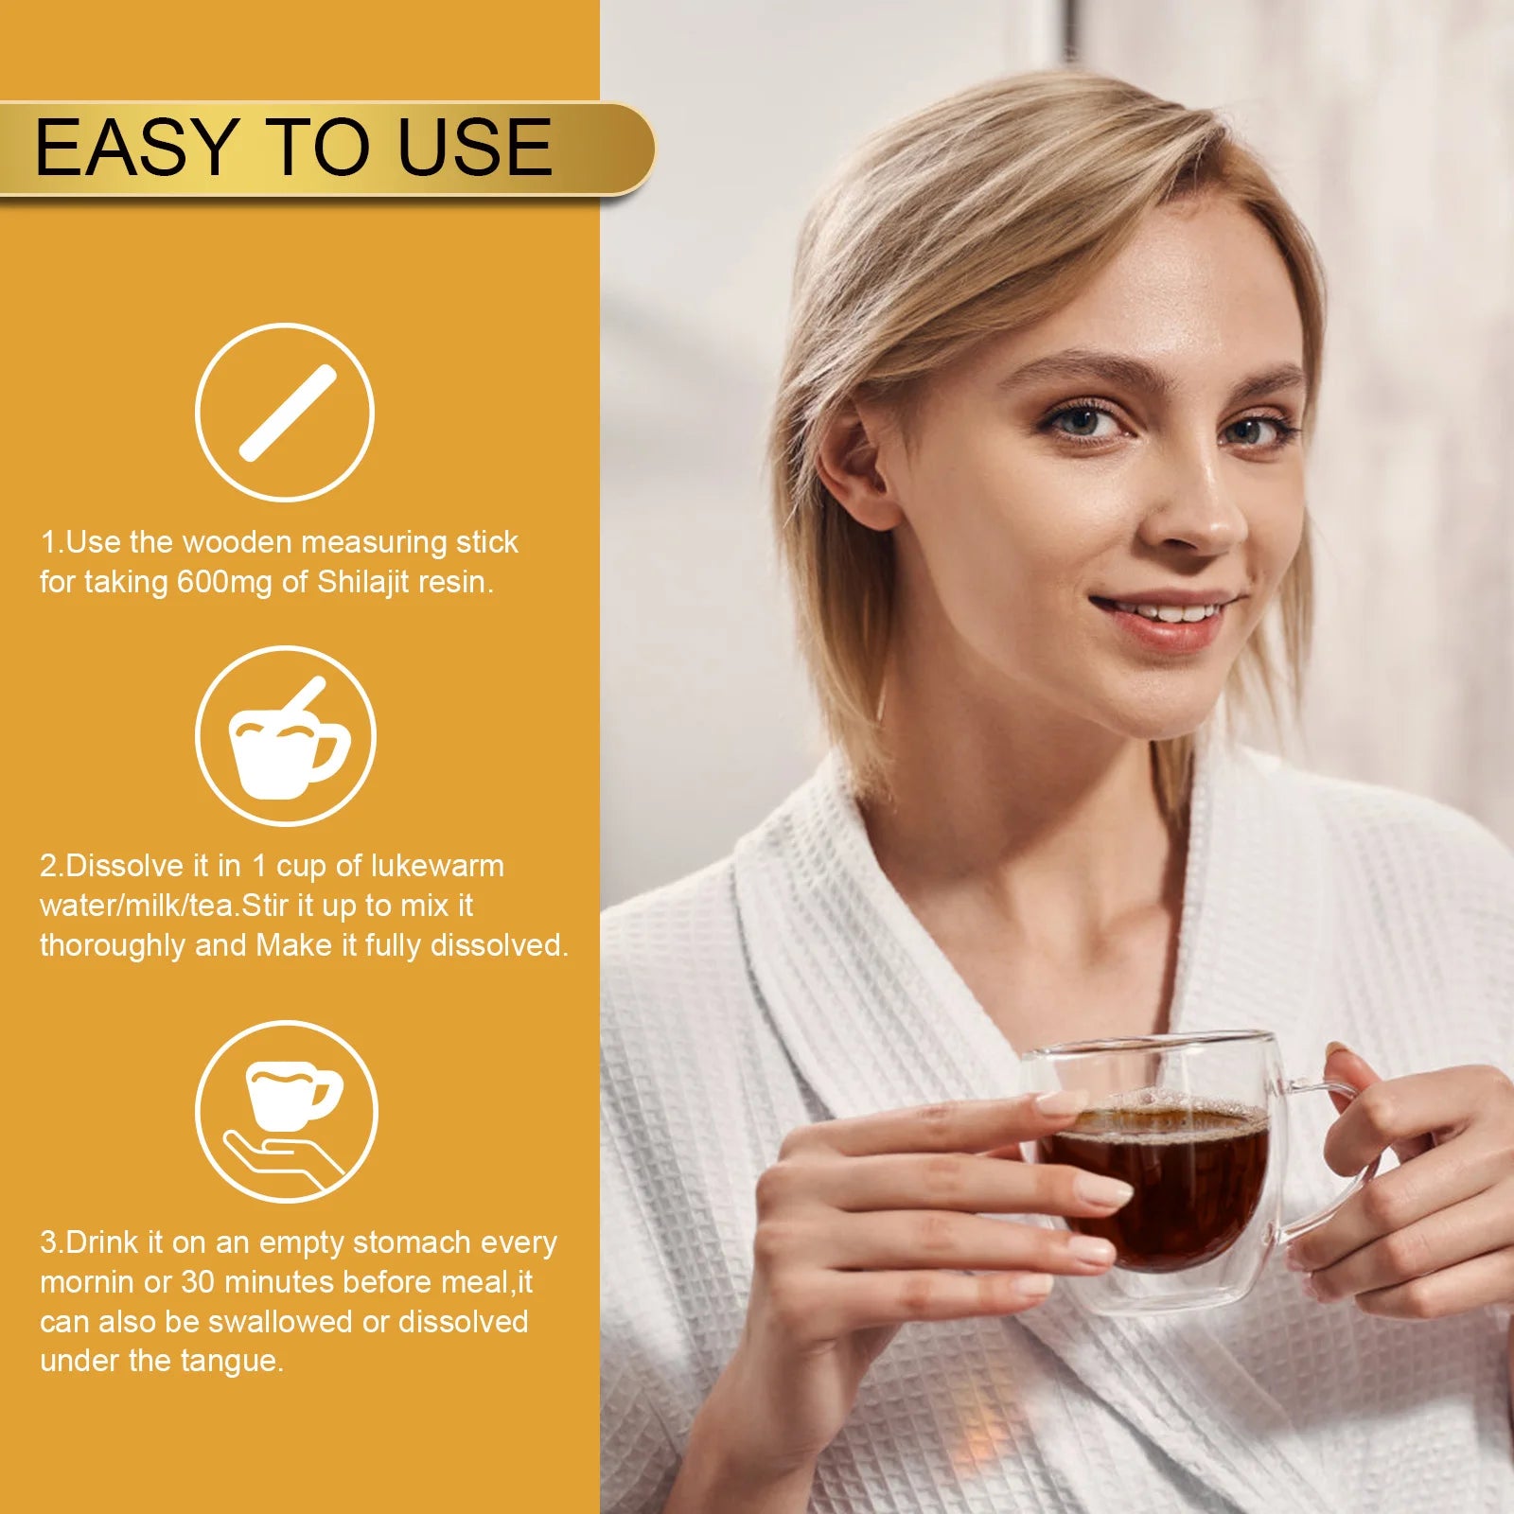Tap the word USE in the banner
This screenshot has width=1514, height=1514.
tap(475, 147)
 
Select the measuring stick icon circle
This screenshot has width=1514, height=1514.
tap(285, 413)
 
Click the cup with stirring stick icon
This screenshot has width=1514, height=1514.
tap(286, 735)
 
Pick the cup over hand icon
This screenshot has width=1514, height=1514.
tap(286, 1112)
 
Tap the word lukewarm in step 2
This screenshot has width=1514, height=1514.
tap(437, 866)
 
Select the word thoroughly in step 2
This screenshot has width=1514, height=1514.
tap(113, 946)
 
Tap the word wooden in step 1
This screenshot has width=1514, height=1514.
tap(238, 542)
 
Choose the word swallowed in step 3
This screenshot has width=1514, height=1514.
tap(280, 1322)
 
